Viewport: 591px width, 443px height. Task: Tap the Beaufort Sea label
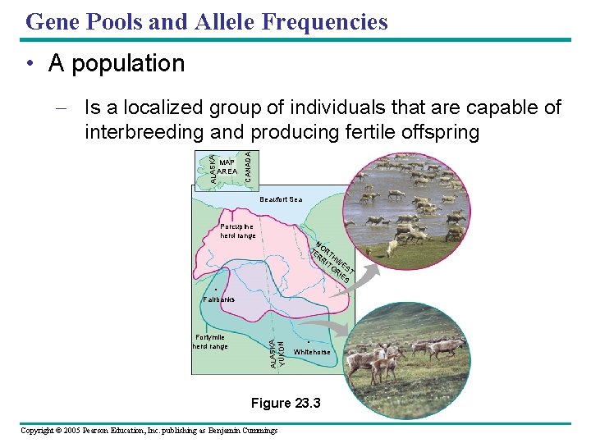pos(281,199)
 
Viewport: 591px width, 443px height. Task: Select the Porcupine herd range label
pos(238,231)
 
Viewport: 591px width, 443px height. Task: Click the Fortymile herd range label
pos(210,342)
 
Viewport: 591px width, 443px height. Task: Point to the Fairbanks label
pos(218,299)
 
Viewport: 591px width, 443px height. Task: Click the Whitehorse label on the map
pos(312,352)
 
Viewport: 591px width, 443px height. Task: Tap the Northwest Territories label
pos(333,263)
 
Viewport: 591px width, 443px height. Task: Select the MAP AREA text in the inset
pos(227,167)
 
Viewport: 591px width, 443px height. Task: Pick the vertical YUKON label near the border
pos(282,353)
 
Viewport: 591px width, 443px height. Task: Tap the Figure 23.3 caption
pos(286,403)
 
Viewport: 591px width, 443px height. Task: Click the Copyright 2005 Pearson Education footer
pos(149,431)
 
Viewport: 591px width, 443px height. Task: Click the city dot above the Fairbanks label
pos(215,290)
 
